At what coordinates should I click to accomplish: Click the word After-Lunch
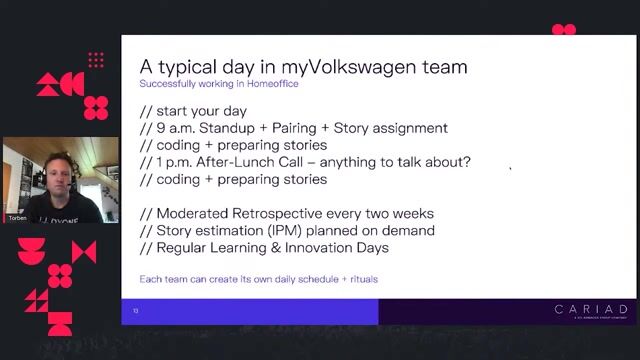260,162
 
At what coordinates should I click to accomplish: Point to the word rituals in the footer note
358,278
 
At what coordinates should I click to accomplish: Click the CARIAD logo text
591,310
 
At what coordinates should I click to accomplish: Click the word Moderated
200,213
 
